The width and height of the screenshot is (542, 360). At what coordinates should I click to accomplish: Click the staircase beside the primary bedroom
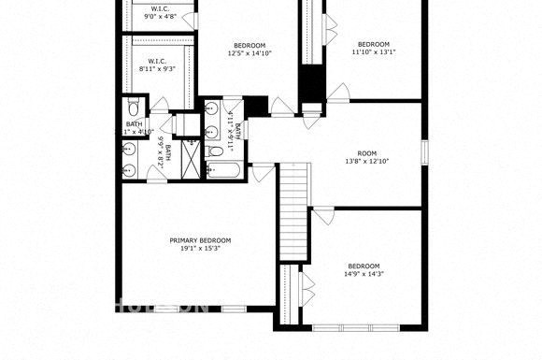pyautogui.click(x=294, y=210)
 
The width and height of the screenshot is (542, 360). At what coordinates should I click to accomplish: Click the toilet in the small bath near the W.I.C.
pyautogui.click(x=132, y=105)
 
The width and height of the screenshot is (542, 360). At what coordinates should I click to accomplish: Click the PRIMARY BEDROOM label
pyautogui.click(x=200, y=240)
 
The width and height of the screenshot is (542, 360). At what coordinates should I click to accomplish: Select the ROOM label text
pyautogui.click(x=366, y=153)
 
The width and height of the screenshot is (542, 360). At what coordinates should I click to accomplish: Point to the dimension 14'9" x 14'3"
pyautogui.click(x=364, y=274)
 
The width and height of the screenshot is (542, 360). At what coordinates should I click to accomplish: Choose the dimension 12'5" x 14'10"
pyautogui.click(x=250, y=54)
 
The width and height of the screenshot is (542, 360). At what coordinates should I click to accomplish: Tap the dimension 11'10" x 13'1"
pyautogui.click(x=374, y=52)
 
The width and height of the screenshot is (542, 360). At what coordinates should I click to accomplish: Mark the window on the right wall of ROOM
pyautogui.click(x=423, y=151)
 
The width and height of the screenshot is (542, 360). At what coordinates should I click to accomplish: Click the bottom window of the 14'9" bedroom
pyautogui.click(x=359, y=327)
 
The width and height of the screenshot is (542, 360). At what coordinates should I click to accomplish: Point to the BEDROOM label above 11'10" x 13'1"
pyautogui.click(x=374, y=44)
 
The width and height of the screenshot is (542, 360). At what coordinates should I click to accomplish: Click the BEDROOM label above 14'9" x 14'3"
pyautogui.click(x=364, y=265)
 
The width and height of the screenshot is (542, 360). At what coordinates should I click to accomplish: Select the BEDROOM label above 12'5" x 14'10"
pyautogui.click(x=250, y=46)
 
